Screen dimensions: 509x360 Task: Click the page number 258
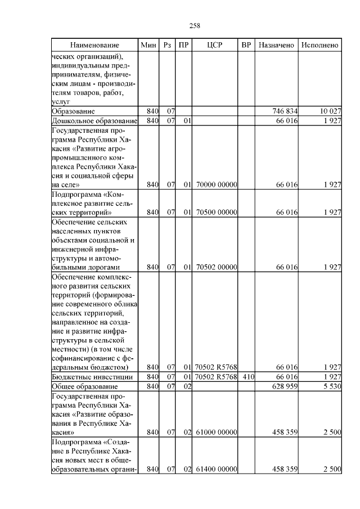pyautogui.click(x=195, y=25)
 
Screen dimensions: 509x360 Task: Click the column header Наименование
pyautogui.click(x=94, y=44)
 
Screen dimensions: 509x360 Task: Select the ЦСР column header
pyautogui.click(x=215, y=44)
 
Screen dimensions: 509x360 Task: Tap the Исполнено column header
pyautogui.click(x=319, y=44)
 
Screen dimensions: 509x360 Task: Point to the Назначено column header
pyautogui.click(x=276, y=44)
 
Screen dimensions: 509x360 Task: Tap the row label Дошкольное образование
pyautogui.click(x=94, y=121)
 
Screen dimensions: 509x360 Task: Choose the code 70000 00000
pyautogui.click(x=217, y=184)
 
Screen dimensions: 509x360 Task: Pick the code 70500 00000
pyautogui.click(x=217, y=213)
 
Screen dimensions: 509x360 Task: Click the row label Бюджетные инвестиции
pyautogui.click(x=92, y=377)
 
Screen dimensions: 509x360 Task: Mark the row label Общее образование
pyautogui.click(x=84, y=386)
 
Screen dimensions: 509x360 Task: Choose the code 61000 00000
pyautogui.click(x=217, y=433)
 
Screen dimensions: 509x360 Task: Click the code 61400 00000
pyautogui.click(x=217, y=469)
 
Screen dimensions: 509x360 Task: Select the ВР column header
pyautogui.click(x=246, y=44)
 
